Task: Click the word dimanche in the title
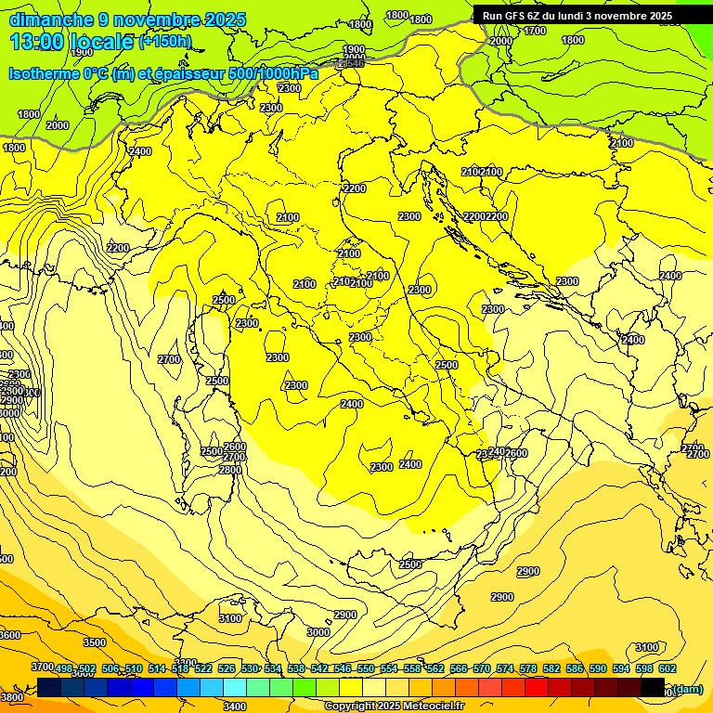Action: [51, 19]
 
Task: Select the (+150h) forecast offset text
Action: [165, 42]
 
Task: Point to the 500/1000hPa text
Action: [278, 73]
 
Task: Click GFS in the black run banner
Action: [518, 16]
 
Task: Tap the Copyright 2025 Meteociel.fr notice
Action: [393, 707]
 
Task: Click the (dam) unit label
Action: [687, 689]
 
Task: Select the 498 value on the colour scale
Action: [64, 669]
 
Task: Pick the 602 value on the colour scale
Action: [668, 669]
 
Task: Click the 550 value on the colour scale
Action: [366, 669]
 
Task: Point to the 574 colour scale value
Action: [505, 669]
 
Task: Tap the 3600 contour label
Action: [9, 635]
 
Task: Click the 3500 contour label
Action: [95, 642]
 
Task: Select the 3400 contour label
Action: [235, 707]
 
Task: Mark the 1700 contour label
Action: [535, 31]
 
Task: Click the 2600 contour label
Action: [516, 453]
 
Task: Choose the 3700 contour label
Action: [42, 667]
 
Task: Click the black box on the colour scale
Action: [653, 687]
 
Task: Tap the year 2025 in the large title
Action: [226, 19]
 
